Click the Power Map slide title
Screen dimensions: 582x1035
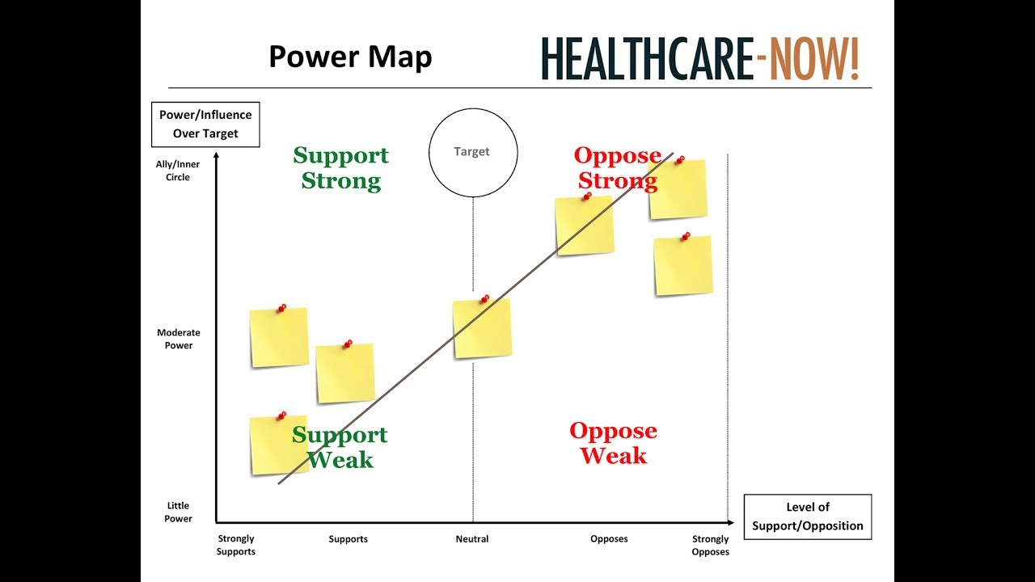(x=350, y=57)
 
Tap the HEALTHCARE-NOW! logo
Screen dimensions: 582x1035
(x=700, y=58)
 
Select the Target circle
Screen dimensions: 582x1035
(x=472, y=152)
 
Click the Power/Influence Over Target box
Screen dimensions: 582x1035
(x=205, y=124)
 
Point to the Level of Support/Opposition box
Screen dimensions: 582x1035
(x=807, y=517)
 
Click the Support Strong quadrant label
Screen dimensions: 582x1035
(x=340, y=167)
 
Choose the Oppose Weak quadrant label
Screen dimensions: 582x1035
(x=613, y=443)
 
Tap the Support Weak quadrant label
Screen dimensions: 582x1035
(x=340, y=447)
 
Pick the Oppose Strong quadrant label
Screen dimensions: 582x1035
(x=617, y=167)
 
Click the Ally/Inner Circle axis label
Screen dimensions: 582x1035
(x=178, y=171)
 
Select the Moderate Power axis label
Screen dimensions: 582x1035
(x=178, y=339)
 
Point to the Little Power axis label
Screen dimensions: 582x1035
(x=178, y=512)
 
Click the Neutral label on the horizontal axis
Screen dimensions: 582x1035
(x=472, y=539)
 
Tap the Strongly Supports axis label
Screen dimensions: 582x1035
(x=236, y=545)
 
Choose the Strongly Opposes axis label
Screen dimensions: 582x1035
(x=711, y=545)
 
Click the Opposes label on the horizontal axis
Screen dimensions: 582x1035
(x=609, y=539)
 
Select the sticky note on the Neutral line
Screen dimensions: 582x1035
(x=482, y=328)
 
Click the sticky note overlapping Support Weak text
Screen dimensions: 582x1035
(x=277, y=445)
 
